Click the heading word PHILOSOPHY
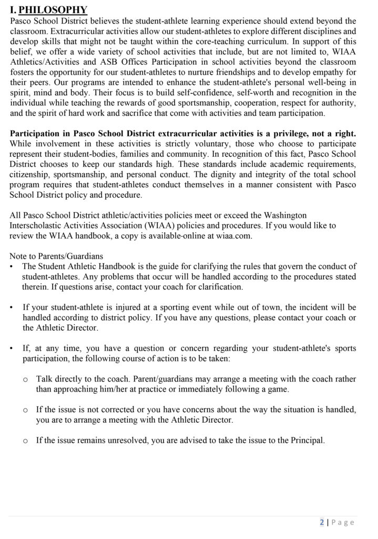(53, 10)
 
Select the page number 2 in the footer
(322, 522)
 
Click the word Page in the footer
(343, 522)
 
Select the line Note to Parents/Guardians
(56, 256)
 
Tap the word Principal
(307, 440)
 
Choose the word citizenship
(32, 174)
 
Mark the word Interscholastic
(38, 225)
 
